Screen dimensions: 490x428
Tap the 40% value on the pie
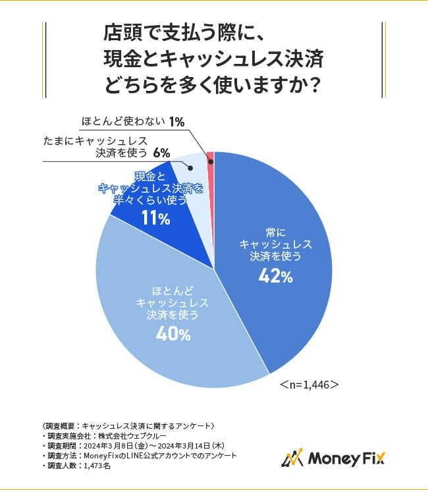point(173,334)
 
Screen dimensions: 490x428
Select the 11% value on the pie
point(155,219)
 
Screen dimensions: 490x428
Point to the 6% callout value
point(161,153)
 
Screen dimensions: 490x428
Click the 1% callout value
point(176,121)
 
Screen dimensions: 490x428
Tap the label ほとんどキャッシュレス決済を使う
point(173,302)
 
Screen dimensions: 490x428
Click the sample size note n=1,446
point(309,384)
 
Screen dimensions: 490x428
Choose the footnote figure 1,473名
point(97,465)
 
